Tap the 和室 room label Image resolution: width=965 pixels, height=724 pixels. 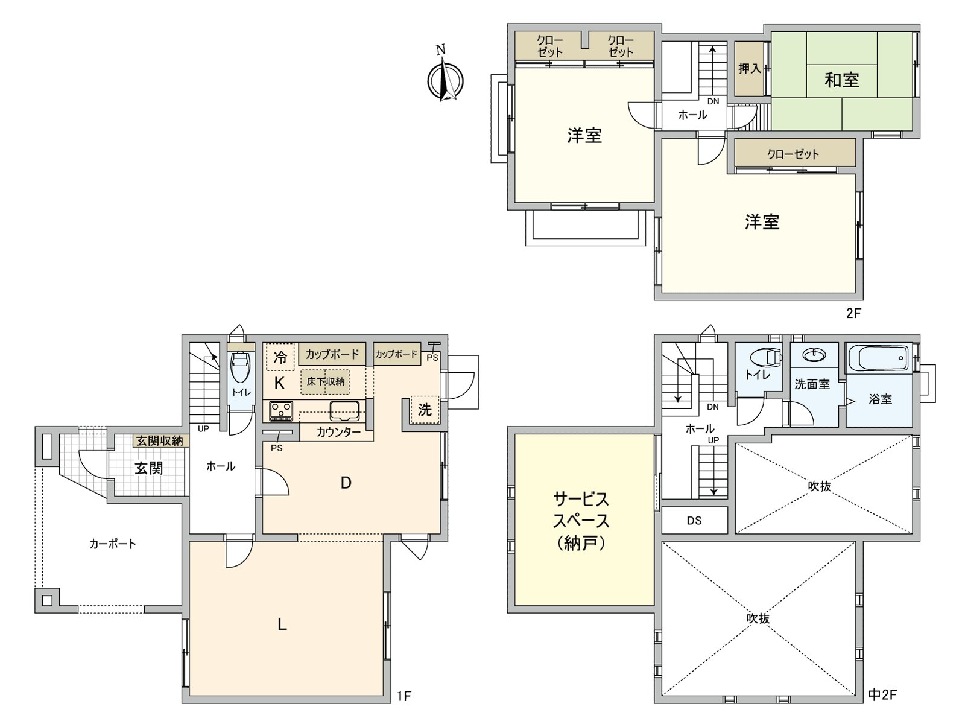841,80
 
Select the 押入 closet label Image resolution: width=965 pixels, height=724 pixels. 749,69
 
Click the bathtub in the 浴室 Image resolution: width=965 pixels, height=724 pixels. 878,359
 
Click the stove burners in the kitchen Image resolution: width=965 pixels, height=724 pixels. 280,411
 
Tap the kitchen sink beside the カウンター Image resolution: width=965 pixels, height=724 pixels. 344,411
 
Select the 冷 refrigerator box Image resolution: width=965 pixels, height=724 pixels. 280,357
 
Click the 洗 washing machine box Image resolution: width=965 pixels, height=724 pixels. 425,410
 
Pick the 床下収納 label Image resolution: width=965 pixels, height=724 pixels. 326,382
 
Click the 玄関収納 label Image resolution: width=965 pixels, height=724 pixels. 159,441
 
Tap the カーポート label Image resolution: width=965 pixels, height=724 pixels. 113,544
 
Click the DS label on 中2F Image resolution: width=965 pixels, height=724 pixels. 694,520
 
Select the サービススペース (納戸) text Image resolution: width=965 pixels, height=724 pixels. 581,521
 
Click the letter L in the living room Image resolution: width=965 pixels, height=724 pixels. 282,624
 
